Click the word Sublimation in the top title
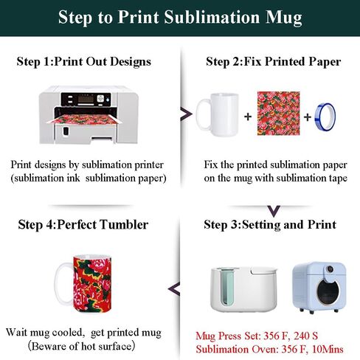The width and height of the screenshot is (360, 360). pos(212,17)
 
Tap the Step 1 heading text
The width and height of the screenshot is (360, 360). pos(84,61)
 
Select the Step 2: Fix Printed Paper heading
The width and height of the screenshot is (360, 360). pos(274,61)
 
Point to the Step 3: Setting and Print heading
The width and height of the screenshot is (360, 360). pos(270,224)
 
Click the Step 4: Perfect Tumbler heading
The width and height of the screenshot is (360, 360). pos(83,224)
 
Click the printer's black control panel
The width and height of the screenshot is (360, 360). pos(86,100)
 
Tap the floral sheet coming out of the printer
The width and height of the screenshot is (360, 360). pos(84,120)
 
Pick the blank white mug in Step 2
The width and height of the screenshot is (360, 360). pos(218,115)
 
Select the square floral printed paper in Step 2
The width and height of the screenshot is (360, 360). pos(279,114)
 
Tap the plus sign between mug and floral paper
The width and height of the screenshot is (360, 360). pos(248,117)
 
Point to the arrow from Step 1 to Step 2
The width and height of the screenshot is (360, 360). pos(186,114)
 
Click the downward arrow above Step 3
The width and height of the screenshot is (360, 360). pos(274,211)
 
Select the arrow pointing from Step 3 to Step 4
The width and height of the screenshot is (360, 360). pos(174,289)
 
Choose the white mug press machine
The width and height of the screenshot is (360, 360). pos(243,289)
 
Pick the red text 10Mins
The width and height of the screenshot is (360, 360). pos(328,349)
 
